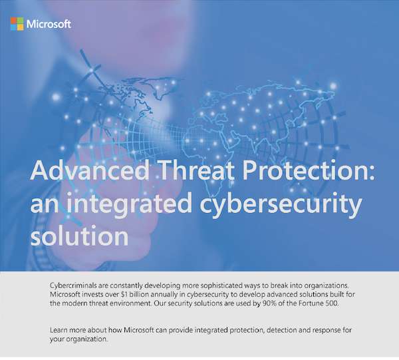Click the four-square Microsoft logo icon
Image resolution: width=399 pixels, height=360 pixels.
[x=17, y=25]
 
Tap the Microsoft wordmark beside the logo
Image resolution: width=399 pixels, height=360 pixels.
[x=49, y=25]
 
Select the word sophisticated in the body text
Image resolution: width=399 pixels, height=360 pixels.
[x=244, y=285]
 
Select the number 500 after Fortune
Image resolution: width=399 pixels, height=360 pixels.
[x=340, y=303]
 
